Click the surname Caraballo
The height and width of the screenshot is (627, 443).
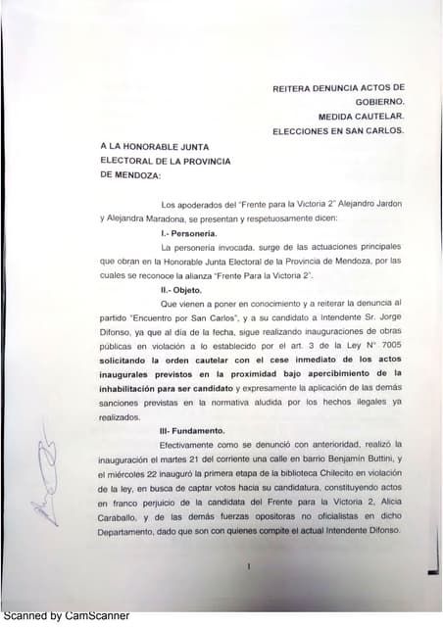tap(128, 516)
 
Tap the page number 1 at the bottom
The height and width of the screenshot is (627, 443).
tap(251, 566)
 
